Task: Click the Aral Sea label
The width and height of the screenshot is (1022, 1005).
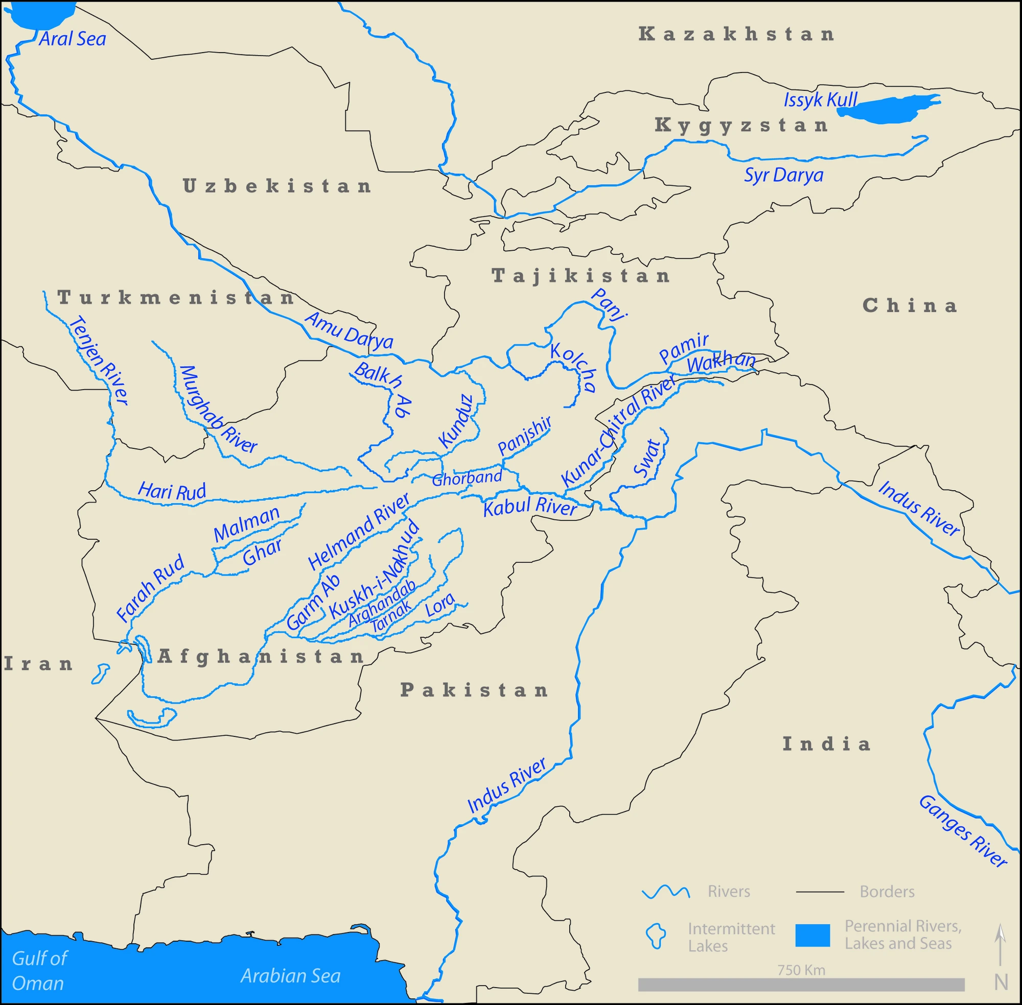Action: (x=73, y=39)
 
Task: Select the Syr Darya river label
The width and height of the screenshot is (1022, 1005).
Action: (x=783, y=175)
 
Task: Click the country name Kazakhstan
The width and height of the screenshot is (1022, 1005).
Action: (x=736, y=34)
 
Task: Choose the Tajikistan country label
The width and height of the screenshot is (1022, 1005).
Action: (x=581, y=276)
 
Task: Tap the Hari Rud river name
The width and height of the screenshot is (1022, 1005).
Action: (x=172, y=491)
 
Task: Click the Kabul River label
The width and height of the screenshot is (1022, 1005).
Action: (x=530, y=506)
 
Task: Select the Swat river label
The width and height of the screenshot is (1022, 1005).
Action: (x=647, y=458)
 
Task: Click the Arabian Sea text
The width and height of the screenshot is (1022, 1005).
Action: (x=290, y=976)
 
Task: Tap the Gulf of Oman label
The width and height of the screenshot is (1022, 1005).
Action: (x=38, y=971)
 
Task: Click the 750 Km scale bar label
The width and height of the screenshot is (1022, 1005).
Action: (x=801, y=970)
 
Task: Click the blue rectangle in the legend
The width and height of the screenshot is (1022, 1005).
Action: (x=812, y=936)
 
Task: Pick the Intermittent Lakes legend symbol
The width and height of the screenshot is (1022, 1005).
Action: (x=657, y=936)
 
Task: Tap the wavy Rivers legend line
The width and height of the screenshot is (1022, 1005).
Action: (x=665, y=892)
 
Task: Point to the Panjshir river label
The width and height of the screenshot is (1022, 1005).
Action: (x=524, y=436)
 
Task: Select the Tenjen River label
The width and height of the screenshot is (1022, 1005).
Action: (x=99, y=361)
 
